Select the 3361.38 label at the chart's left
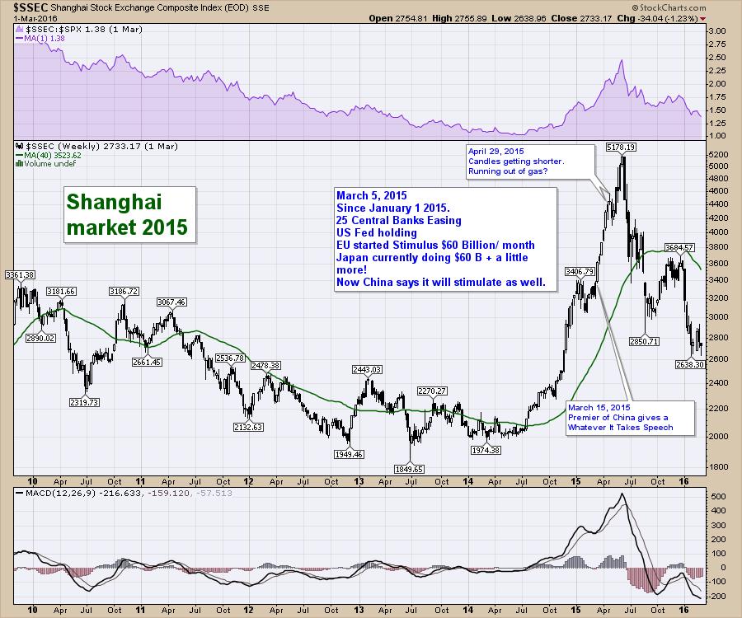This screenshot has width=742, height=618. (18, 274)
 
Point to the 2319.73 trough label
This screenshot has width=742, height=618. (82, 402)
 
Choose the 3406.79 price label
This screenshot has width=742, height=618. (580, 271)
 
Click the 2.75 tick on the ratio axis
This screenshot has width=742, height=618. (717, 57)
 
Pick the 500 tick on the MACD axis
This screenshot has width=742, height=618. (716, 497)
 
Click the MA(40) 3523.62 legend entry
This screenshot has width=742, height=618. (53, 154)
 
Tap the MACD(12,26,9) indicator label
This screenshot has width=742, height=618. (49, 493)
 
